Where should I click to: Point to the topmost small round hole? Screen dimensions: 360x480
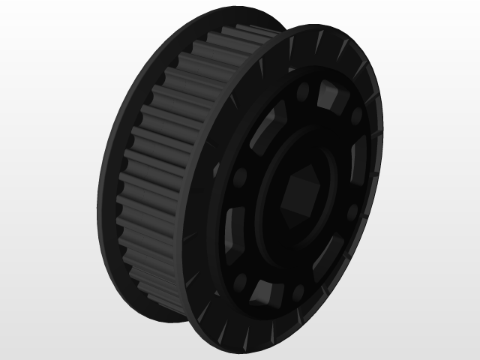(x=304, y=94)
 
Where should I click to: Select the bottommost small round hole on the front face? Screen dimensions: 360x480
(x=241, y=283)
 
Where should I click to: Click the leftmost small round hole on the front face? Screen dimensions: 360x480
(x=241, y=178)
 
